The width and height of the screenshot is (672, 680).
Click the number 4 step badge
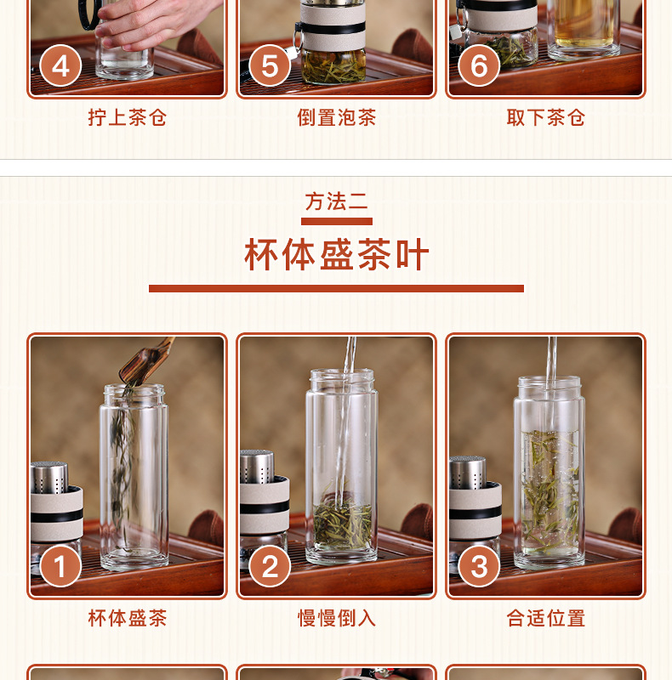[x=60, y=66]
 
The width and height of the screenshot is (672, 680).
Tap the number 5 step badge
[x=270, y=66]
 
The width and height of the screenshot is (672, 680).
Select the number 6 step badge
[x=479, y=66]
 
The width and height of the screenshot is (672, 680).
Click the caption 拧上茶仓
[x=128, y=117]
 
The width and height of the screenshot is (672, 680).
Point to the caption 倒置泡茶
[x=337, y=117]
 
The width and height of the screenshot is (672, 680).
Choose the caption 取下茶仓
[x=545, y=117]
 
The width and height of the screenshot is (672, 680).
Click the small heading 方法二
[x=337, y=201]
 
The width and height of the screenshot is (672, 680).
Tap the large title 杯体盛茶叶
[x=337, y=254]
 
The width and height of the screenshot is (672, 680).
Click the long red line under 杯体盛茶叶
[x=337, y=288]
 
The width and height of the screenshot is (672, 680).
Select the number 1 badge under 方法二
[x=60, y=566]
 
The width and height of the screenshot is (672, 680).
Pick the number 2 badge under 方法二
[x=270, y=566]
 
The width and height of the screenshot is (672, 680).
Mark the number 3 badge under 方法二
[x=479, y=566]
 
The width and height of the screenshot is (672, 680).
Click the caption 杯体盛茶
[x=128, y=618]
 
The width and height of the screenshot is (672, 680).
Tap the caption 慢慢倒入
[x=337, y=618]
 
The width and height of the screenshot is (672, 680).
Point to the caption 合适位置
[x=545, y=618]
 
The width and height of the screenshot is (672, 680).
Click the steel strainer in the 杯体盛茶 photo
[x=49, y=478]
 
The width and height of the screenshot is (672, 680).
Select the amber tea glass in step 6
[x=584, y=28]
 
